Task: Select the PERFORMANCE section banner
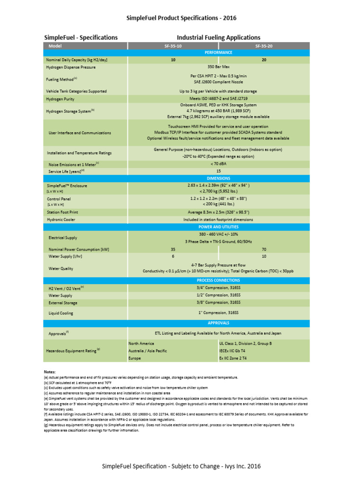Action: point(218,53)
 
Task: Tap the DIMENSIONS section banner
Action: point(218,178)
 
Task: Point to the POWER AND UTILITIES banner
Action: point(218,227)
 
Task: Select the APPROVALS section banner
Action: point(218,323)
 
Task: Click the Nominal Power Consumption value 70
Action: point(264,249)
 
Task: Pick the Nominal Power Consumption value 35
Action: point(173,249)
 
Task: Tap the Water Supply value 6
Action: point(173,256)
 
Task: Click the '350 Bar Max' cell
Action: point(218,67)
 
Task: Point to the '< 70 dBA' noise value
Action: point(218,164)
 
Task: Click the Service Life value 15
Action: point(218,171)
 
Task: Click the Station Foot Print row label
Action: point(63,212)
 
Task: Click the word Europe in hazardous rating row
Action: point(135,359)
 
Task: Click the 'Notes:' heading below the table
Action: point(50,372)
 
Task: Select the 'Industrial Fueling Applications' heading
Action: point(218,37)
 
